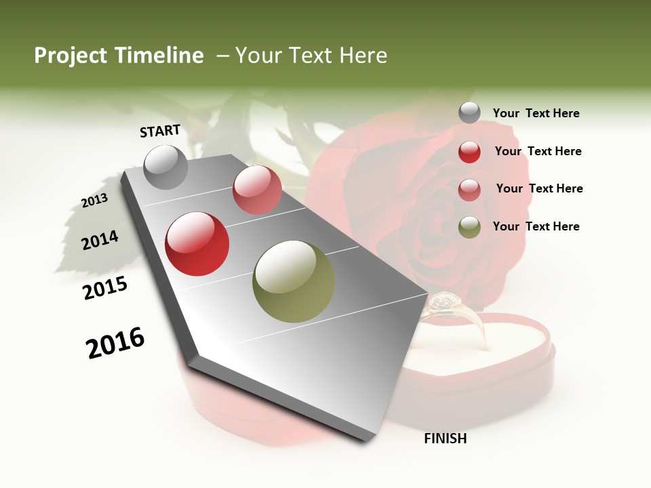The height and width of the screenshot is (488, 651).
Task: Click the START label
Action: (x=160, y=131)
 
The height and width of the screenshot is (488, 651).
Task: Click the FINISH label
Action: (x=445, y=439)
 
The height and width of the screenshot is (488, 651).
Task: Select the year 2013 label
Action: (x=94, y=201)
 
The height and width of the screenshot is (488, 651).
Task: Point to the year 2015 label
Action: (x=105, y=288)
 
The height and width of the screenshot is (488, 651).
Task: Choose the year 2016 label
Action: (x=115, y=342)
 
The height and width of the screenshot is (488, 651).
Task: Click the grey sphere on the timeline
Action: (x=166, y=167)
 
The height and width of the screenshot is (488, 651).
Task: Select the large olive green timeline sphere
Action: (x=294, y=281)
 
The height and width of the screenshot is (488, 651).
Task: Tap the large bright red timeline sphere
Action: (x=197, y=244)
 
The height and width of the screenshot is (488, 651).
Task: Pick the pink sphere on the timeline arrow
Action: (x=257, y=190)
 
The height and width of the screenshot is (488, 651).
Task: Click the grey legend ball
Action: (x=469, y=113)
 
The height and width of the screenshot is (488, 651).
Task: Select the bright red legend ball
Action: (x=469, y=152)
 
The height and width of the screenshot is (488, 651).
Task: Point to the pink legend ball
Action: (x=469, y=190)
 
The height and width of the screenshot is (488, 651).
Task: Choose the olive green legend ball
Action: (x=469, y=227)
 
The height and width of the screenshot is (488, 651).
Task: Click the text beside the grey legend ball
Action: (x=536, y=114)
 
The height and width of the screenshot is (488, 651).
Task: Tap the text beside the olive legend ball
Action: (x=536, y=226)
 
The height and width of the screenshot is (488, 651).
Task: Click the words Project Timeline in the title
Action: (x=119, y=56)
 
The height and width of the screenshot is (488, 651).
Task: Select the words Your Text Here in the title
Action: (x=311, y=56)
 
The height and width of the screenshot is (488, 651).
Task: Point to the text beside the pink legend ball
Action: (x=539, y=188)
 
